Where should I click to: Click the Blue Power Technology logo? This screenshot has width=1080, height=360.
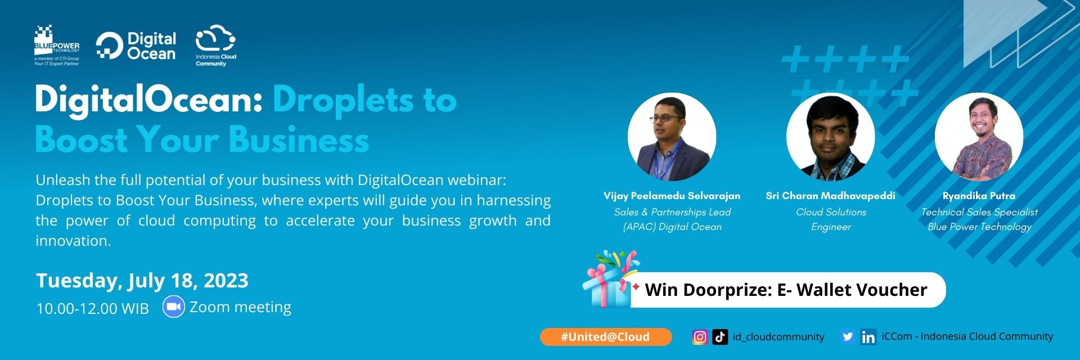pyautogui.click(x=56, y=45)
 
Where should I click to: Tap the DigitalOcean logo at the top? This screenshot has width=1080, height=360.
pyautogui.click(x=136, y=46)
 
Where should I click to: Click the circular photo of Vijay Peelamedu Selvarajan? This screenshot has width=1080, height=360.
pyautogui.click(x=672, y=137)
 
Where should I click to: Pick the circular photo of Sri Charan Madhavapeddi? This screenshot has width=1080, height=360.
pyautogui.click(x=830, y=137)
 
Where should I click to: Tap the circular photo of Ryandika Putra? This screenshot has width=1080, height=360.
pyautogui.click(x=979, y=137)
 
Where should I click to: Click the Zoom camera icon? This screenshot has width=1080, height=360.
pyautogui.click(x=173, y=307)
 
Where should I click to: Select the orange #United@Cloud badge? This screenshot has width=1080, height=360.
pyautogui.click(x=605, y=337)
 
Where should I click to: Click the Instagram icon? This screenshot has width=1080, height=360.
pyautogui.click(x=700, y=337)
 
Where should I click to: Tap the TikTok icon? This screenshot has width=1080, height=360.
pyautogui.click(x=720, y=337)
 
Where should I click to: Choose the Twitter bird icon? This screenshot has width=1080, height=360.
pyautogui.click(x=847, y=337)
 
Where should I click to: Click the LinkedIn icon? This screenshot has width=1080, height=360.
pyautogui.click(x=868, y=337)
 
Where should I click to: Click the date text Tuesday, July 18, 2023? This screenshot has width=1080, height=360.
pyautogui.click(x=142, y=280)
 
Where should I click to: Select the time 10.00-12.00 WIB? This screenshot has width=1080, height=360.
pyautogui.click(x=92, y=308)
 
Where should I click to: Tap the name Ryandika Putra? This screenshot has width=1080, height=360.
pyautogui.click(x=979, y=196)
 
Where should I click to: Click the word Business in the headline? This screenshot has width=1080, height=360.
pyautogui.click(x=299, y=139)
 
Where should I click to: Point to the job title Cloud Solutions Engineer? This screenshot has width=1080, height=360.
pyautogui.click(x=831, y=219)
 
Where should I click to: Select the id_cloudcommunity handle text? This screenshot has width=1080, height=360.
pyautogui.click(x=778, y=337)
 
